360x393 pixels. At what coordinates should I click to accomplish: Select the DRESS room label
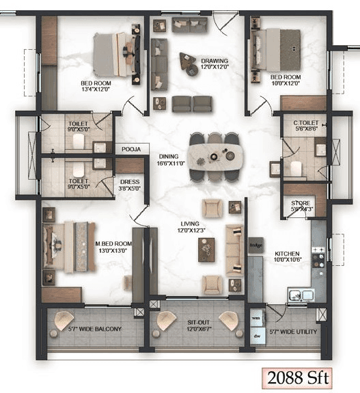click(x=129, y=182)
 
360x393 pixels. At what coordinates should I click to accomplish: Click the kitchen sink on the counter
click(x=301, y=295)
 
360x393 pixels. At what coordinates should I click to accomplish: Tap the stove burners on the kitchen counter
click(x=318, y=259)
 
